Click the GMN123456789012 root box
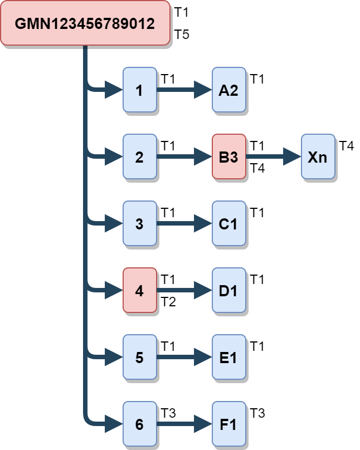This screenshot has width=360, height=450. point(85,23)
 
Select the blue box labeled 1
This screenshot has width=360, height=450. point(139,90)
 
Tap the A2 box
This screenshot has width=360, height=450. point(228,90)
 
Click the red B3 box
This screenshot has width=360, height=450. point(228,156)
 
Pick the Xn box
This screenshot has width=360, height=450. point(318,156)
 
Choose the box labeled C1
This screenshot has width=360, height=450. point(228,223)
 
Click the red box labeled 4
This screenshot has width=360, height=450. point(139,290)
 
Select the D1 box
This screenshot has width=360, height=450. point(228,290)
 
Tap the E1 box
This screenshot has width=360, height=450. point(228,357)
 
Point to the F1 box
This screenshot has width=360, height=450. point(228,424)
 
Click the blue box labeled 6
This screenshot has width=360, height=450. point(139,424)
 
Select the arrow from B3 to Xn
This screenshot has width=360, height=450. point(273,156)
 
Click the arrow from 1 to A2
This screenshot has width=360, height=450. point(184,90)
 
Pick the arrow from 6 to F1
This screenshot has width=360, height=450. point(184,424)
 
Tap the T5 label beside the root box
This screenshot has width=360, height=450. point(182,35)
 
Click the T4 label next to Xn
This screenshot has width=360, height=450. point(346,146)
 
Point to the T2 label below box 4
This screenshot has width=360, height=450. point(168,302)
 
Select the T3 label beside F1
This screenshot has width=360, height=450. point(257,413)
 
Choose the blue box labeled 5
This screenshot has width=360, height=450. point(139,357)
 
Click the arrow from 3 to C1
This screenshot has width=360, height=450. point(184,223)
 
